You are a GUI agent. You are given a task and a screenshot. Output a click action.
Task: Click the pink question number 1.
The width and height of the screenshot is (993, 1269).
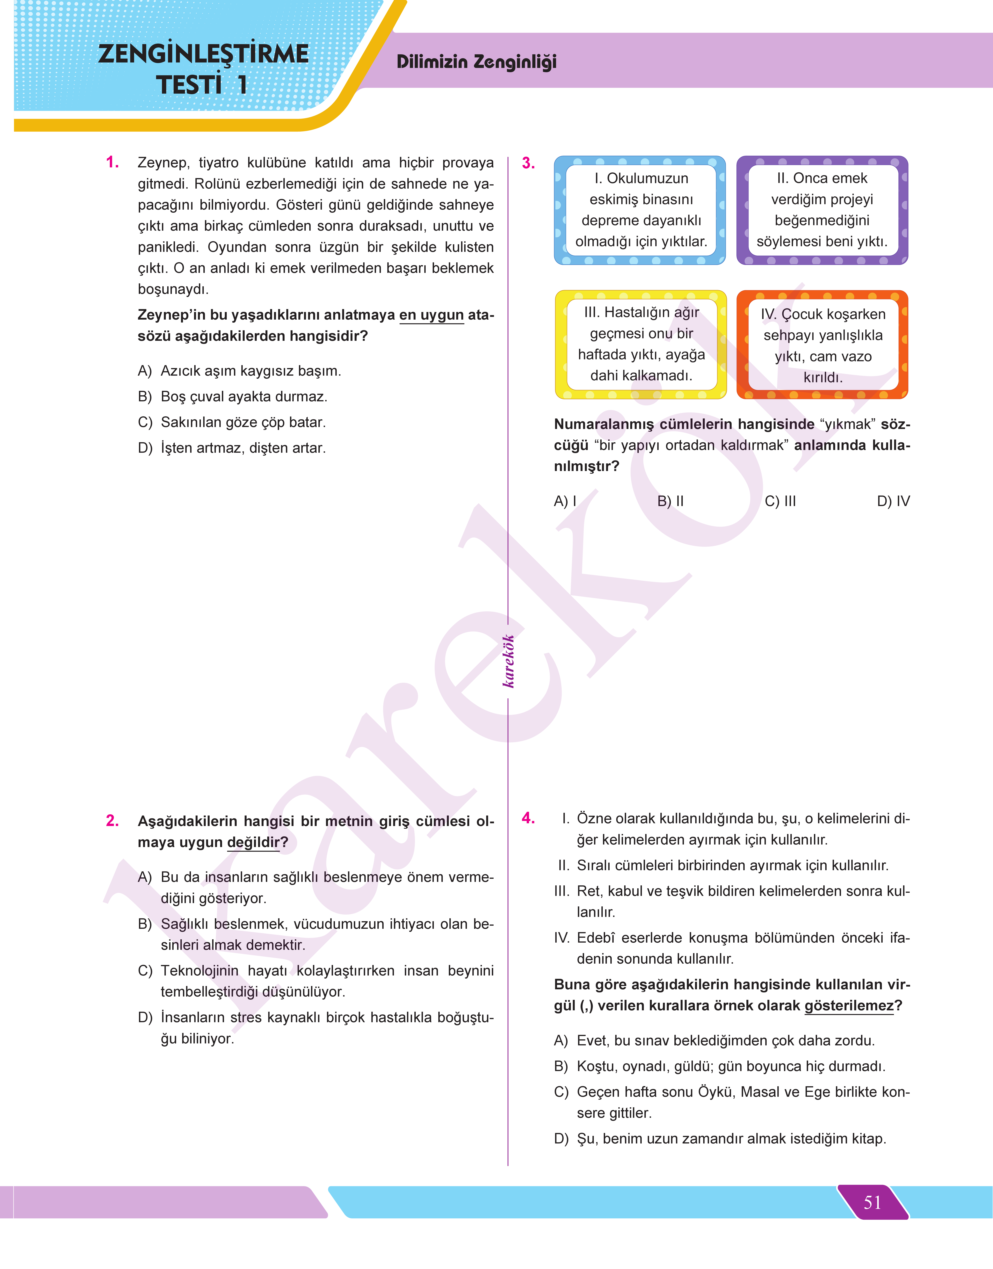pyautogui.click(x=113, y=163)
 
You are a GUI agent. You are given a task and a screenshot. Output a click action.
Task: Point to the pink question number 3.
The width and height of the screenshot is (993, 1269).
pyautogui.click(x=528, y=163)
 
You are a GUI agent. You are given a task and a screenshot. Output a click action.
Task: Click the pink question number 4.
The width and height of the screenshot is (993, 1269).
pyautogui.click(x=528, y=818)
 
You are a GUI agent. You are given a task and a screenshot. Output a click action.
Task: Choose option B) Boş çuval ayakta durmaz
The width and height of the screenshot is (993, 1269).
pyautogui.click(x=233, y=396)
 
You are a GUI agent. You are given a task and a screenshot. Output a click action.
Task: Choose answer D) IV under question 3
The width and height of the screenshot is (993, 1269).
pyautogui.click(x=893, y=501)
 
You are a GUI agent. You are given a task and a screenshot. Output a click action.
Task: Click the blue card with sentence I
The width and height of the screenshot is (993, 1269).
pyautogui.click(x=640, y=210)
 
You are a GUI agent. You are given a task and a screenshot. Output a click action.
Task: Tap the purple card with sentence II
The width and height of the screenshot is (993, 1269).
pyautogui.click(x=822, y=210)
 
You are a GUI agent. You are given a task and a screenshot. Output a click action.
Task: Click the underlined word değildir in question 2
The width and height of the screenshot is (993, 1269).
pyautogui.click(x=253, y=842)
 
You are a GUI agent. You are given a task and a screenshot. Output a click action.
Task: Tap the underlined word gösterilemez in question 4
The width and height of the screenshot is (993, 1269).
pyautogui.click(x=849, y=1006)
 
